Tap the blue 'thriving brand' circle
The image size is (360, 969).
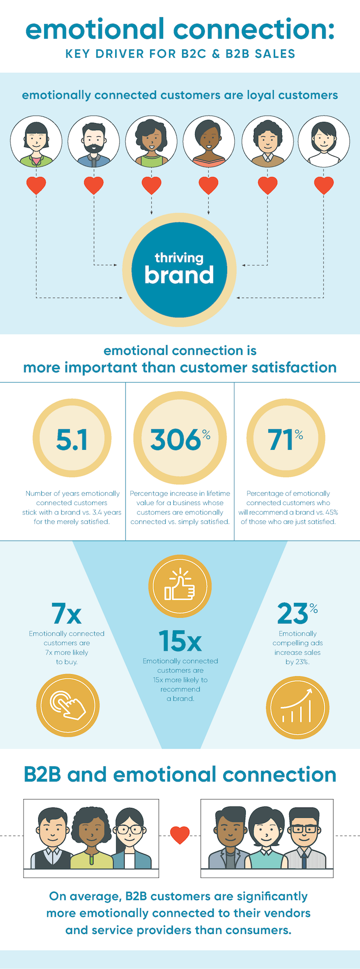tap(179, 269)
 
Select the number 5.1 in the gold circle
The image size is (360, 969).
tap(72, 440)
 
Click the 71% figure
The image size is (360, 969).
tap(286, 440)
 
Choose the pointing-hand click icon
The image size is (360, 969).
tap(68, 705)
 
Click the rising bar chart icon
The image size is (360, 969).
tap(297, 708)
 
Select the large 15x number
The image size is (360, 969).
tap(180, 641)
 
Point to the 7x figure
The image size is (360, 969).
tap(66, 614)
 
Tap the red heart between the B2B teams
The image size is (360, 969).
tap(180, 834)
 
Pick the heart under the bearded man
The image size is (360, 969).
tap(94, 185)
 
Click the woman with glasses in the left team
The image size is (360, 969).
tap(130, 837)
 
